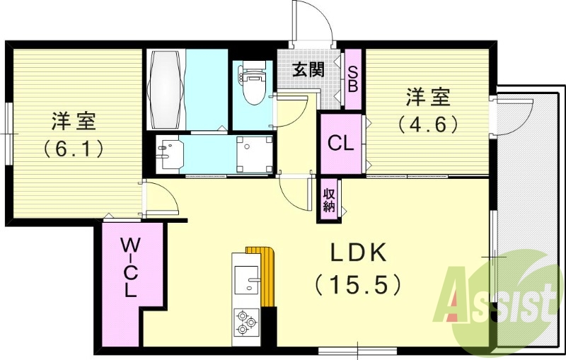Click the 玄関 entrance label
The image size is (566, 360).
point(308,69)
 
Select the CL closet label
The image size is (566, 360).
point(340,144)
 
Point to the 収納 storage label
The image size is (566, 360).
point(329,200)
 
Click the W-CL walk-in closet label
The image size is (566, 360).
point(129,267)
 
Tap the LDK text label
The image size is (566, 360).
point(359,254)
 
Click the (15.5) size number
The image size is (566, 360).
point(358,284)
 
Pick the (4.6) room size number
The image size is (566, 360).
point(428,124)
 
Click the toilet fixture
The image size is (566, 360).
point(252,83)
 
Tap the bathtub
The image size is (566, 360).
point(166,89)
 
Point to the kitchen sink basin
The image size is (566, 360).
point(246,280)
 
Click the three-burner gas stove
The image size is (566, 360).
point(246,321)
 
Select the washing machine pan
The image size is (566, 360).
point(254,154)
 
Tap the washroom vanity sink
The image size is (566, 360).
point(170,155)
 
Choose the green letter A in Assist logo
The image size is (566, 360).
point(452,295)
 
